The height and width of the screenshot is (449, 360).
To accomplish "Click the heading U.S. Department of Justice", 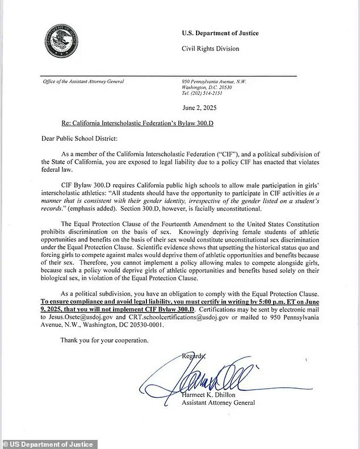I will pos(220,33).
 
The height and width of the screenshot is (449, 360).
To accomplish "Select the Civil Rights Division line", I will pos(210,48).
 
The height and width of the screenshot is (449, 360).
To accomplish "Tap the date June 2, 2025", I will pos(199,107).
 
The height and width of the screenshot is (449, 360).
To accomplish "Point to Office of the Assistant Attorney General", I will pos(83,81).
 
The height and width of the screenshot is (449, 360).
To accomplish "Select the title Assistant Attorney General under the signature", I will pos(219,404).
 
